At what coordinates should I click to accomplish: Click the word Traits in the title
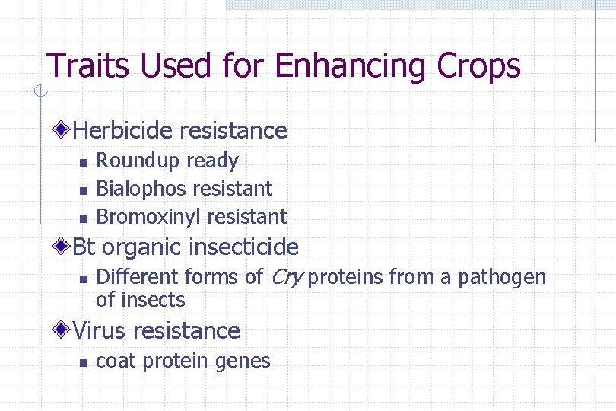(x=82, y=65)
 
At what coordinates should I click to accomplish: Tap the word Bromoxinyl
(x=148, y=217)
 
